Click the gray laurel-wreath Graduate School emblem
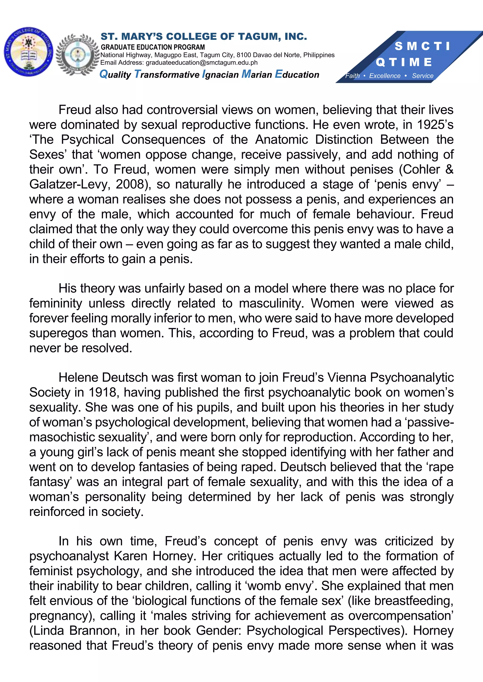coord(77,55)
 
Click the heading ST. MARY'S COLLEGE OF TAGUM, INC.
coord(204,37)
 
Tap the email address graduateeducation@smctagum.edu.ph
coord(201,63)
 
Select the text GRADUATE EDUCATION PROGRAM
coord(153,47)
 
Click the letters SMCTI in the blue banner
coord(422,46)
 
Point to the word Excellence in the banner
coord(385,76)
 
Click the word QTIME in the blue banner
coord(404,62)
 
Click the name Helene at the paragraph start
coord(78,378)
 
